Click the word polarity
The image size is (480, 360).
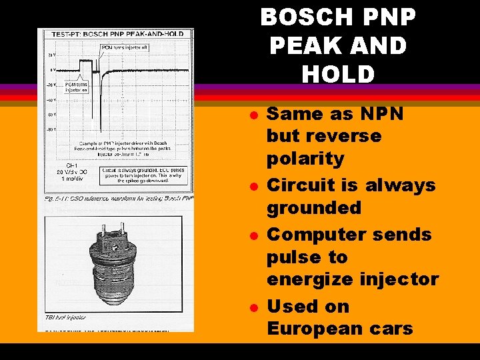pyautogui.click(x=305, y=159)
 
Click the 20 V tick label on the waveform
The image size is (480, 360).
pyautogui.click(x=51, y=55)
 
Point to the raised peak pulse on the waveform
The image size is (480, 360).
pyautogui.click(x=86, y=65)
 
